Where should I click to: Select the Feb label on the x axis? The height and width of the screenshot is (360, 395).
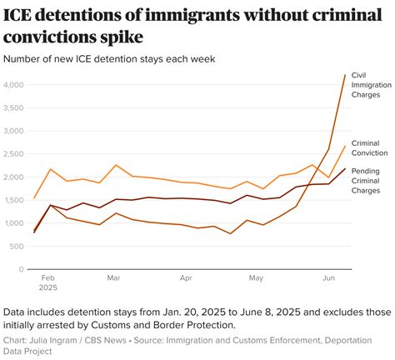pos(47,278)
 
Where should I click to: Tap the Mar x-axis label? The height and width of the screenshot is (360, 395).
pos(113,278)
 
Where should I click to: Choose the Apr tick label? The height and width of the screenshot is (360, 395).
pos(186,278)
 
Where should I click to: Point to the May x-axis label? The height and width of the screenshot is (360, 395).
pos(256,278)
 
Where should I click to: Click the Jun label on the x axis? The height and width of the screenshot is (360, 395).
pos(329,278)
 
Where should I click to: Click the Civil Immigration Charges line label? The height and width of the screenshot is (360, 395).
pos(370,85)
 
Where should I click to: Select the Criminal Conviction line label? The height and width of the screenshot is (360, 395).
pos(371,148)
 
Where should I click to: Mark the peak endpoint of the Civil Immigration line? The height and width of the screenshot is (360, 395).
pos(345,75)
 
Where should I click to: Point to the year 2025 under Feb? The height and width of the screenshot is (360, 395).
pos(48,287)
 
